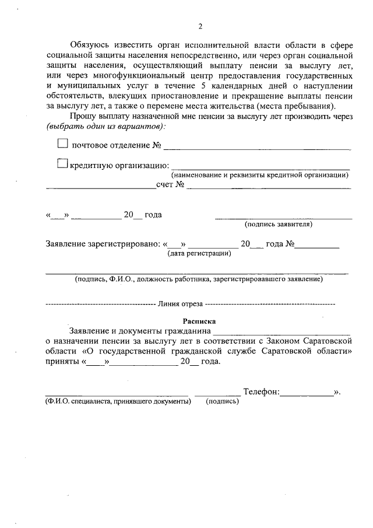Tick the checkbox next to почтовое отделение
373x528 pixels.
click(63, 143)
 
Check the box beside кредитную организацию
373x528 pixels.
click(63, 165)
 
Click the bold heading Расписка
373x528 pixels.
click(199, 320)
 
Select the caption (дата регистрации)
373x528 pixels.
click(199, 253)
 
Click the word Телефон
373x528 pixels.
click(261, 392)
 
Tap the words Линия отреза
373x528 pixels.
click(180, 304)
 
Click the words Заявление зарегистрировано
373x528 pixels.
click(102, 244)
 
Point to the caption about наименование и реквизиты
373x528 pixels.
click(259, 175)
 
